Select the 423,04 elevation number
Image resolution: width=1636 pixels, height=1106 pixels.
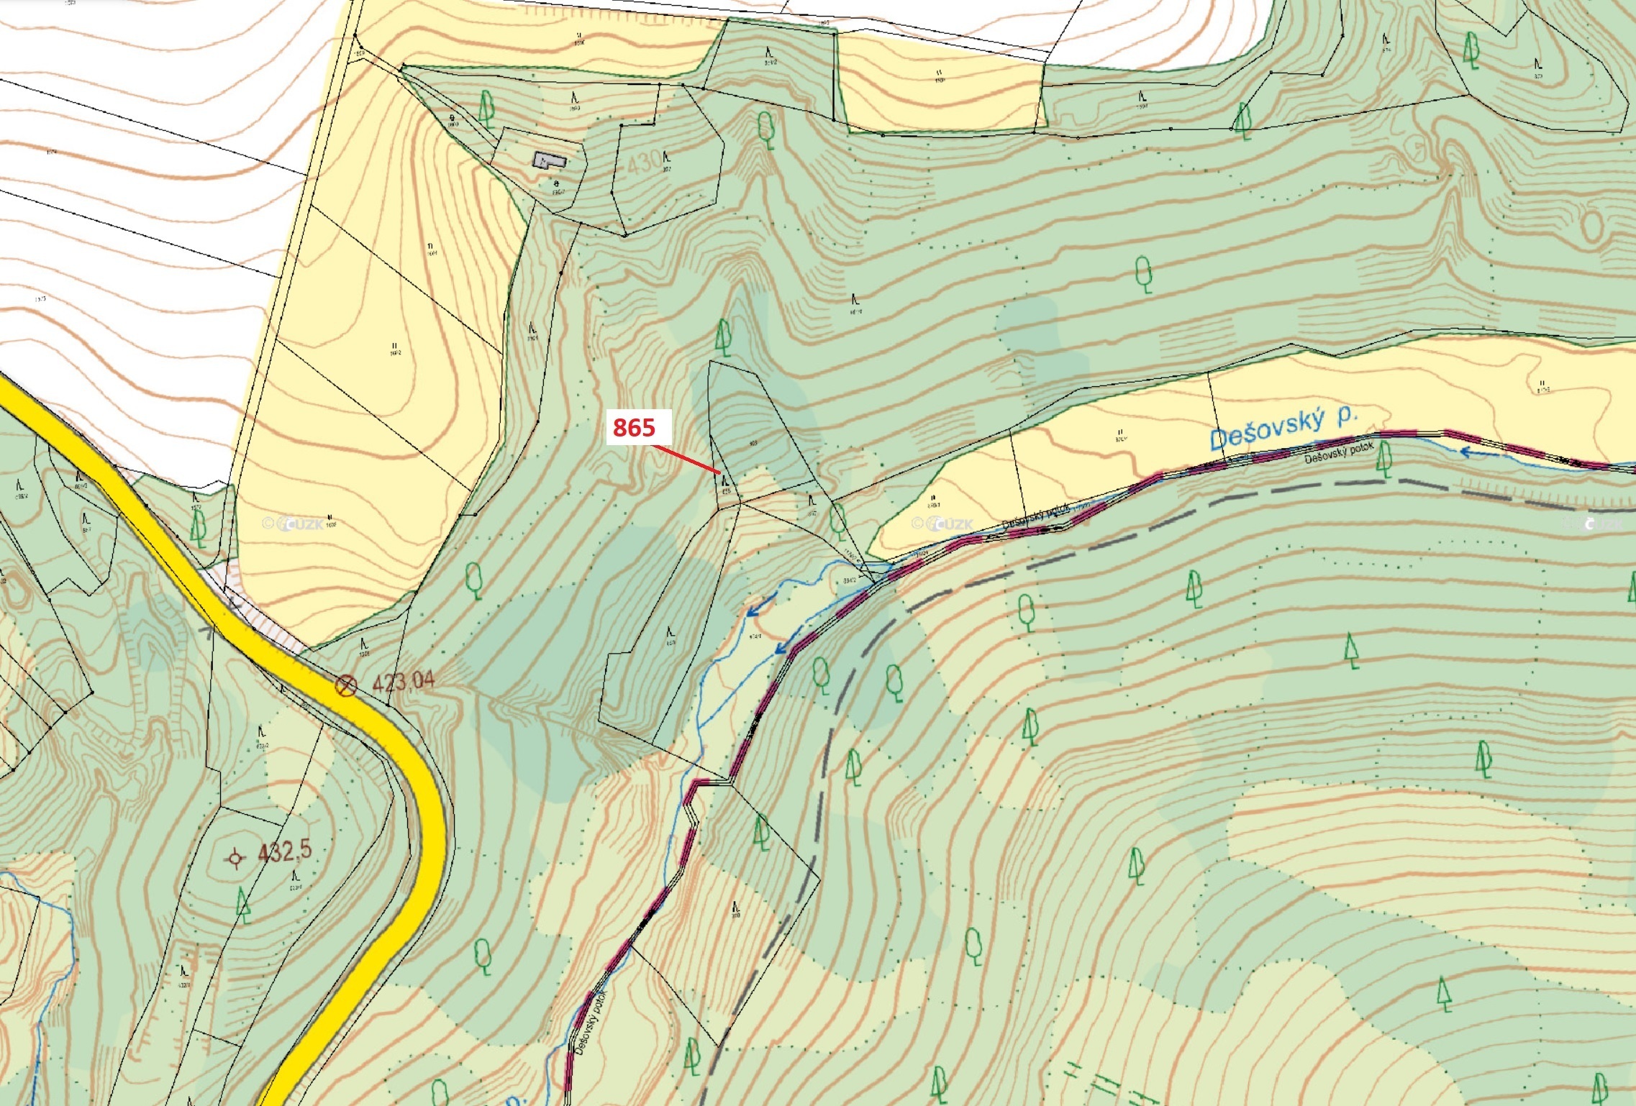tap(403, 681)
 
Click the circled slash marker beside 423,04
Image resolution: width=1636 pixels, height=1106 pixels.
tap(346, 685)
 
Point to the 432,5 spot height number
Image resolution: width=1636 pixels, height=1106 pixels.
tap(285, 851)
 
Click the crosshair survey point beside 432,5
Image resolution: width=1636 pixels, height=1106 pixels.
tap(235, 858)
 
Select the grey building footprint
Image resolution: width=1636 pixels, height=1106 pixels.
tap(548, 160)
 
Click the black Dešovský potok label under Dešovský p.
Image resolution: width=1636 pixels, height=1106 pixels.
tap(1338, 452)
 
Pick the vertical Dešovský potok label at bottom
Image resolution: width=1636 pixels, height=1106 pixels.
tap(592, 1023)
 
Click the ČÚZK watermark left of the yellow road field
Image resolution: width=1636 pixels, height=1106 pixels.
tap(294, 524)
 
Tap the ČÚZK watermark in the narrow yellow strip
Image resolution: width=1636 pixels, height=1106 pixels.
tap(943, 524)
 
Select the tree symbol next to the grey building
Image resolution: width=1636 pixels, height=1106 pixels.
tap(487, 108)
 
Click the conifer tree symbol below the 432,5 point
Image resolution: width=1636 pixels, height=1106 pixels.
tap(244, 905)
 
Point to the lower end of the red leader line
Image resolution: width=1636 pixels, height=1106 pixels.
tap(720, 472)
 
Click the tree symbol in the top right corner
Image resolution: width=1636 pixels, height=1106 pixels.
tap(1471, 50)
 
